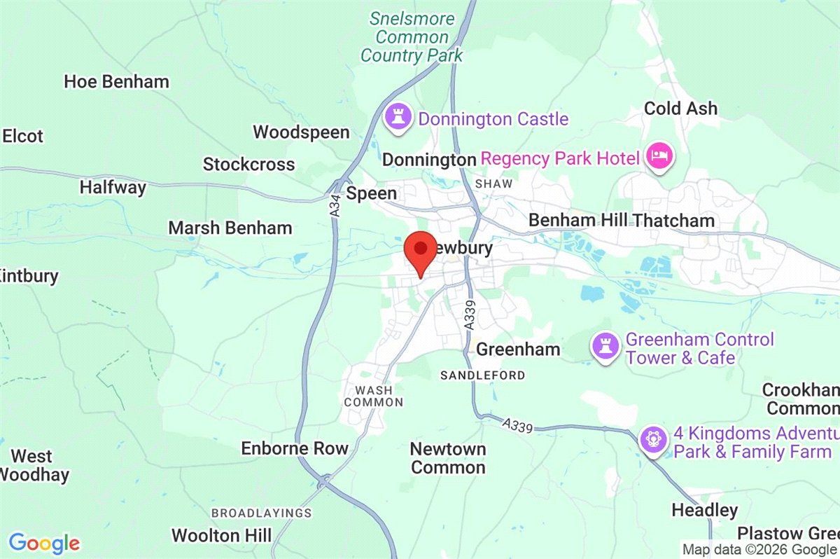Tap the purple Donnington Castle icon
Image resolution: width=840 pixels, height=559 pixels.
(398, 117)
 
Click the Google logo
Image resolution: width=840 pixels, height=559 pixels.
(44, 543)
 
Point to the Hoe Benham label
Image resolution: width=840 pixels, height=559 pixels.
(116, 81)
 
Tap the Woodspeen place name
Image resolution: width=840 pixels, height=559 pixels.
(301, 132)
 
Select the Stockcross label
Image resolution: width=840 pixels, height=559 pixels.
(248, 165)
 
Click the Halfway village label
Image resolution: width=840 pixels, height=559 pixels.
(113, 187)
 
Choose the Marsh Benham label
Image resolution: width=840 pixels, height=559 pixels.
(230, 228)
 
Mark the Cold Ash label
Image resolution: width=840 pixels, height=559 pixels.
(680, 108)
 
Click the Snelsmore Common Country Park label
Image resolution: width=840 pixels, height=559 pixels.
(412, 37)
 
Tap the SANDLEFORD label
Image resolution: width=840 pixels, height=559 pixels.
(482, 375)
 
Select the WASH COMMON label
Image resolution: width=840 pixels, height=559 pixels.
(374, 396)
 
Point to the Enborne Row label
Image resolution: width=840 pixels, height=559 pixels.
(294, 448)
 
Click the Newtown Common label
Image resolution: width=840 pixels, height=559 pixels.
(448, 457)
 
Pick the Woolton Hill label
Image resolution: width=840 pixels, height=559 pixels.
(221, 536)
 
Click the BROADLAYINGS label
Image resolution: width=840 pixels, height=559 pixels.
(261, 513)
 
